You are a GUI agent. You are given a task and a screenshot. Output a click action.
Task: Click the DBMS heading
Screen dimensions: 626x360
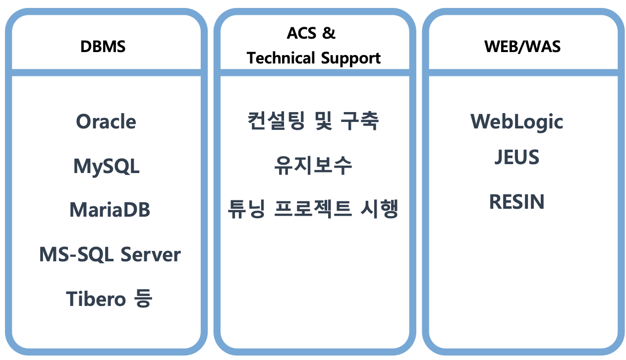tap(103, 47)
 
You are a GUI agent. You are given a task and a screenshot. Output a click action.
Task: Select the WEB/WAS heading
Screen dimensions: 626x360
tap(522, 47)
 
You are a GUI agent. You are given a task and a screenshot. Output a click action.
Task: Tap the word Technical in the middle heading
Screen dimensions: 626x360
tap(281, 58)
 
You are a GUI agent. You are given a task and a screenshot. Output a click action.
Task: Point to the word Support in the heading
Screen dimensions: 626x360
tap(351, 59)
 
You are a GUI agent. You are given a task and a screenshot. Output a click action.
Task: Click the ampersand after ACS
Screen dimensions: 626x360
tap(329, 33)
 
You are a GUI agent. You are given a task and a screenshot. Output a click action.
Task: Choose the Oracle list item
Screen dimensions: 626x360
tap(106, 121)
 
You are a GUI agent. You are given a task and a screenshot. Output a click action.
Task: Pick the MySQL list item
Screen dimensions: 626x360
tap(106, 167)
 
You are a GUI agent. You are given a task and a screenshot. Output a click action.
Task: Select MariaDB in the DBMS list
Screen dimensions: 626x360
tap(110, 210)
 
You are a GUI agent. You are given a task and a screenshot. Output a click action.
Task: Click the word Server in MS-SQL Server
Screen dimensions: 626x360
tap(151, 254)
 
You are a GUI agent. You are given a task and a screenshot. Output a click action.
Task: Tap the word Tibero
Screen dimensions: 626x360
tap(96, 299)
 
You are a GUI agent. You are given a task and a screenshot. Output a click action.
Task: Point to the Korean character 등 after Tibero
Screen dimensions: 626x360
tap(143, 298)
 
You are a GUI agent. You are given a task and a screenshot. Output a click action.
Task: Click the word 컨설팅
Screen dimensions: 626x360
tap(276, 121)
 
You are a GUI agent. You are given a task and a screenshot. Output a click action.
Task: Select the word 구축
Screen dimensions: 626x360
tap(360, 121)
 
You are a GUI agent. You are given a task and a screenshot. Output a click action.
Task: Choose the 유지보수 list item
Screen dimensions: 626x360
tap(313, 165)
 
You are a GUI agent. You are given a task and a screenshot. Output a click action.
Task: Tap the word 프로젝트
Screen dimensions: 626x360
tap(313, 209)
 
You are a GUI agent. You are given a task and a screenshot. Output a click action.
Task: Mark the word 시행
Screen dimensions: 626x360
tap(379, 209)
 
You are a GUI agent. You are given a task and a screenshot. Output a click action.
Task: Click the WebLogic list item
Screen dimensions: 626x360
tap(517, 122)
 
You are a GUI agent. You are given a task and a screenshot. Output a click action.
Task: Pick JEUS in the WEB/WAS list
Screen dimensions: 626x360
tap(517, 157)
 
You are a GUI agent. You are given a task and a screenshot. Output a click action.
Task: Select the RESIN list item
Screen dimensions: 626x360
tap(517, 201)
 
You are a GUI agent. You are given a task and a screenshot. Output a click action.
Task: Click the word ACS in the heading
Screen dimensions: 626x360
tap(301, 33)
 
